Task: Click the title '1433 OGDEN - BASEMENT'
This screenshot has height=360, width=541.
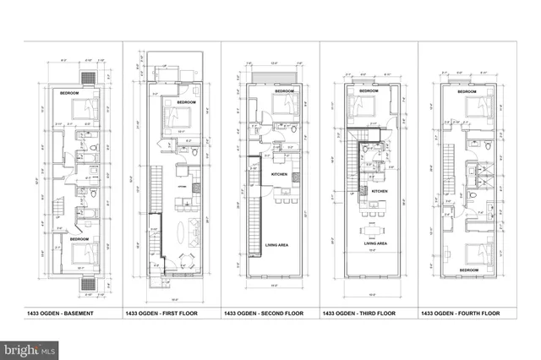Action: [x=61, y=314]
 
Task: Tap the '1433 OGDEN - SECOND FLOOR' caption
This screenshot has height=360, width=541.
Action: [x=262, y=314]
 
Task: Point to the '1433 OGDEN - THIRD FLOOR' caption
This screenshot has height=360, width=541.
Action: [x=358, y=314]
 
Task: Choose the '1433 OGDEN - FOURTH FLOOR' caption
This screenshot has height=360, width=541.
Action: [x=459, y=314]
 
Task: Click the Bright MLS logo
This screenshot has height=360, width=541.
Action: [x=30, y=347]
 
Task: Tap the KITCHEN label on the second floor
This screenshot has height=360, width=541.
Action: [x=281, y=175]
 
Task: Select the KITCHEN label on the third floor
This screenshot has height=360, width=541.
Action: [x=380, y=192]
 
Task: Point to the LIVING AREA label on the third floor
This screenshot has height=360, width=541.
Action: [x=375, y=244]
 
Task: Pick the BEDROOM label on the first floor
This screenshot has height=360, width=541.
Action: [x=187, y=102]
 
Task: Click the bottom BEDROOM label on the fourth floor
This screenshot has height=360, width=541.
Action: [x=467, y=271]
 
